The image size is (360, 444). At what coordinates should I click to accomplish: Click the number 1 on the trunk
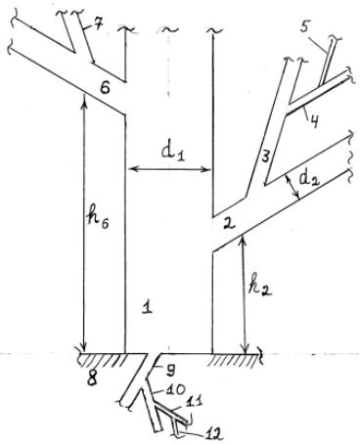click(148, 307)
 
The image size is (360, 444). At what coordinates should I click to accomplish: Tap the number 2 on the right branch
click(229, 224)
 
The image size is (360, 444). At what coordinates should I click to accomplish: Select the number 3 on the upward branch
click(266, 156)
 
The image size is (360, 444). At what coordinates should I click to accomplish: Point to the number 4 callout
click(313, 121)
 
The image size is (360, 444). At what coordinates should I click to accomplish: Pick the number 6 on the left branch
click(105, 88)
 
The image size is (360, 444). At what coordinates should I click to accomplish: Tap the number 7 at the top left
click(97, 25)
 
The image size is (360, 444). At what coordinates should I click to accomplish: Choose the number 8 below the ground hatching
click(93, 379)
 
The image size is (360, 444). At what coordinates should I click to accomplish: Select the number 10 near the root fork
click(176, 389)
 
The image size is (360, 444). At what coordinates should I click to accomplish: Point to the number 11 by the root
click(194, 400)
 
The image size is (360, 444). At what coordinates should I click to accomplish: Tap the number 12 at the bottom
click(214, 433)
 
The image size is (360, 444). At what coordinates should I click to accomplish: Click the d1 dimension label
click(173, 152)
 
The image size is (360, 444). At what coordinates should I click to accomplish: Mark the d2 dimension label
click(310, 177)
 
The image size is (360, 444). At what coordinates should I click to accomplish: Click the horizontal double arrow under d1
click(169, 169)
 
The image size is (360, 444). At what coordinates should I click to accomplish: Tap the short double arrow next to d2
click(292, 186)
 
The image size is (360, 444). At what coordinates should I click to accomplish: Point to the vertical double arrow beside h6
click(84, 223)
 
